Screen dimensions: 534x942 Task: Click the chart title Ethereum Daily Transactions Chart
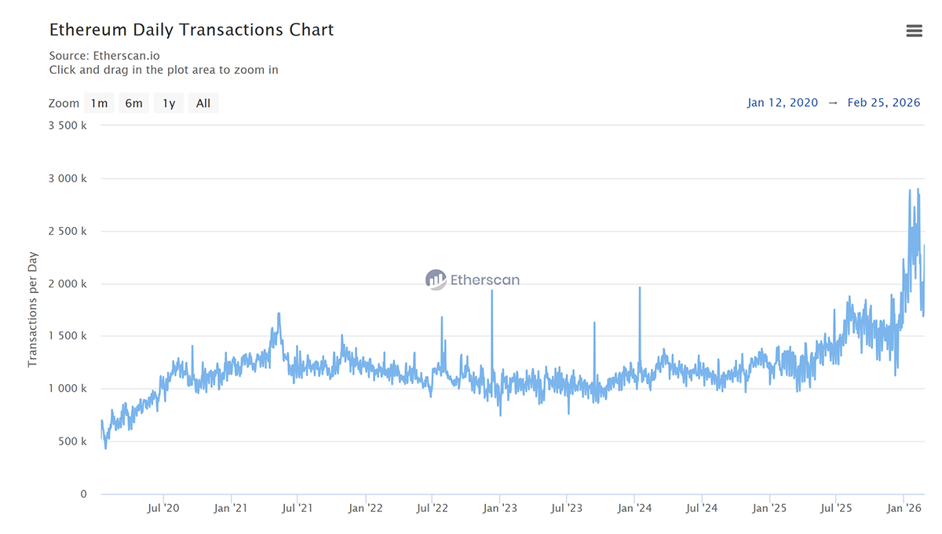(x=192, y=30)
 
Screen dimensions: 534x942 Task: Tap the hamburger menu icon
(x=914, y=31)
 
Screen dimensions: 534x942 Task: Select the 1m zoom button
(x=99, y=103)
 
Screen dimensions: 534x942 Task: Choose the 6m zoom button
(x=133, y=103)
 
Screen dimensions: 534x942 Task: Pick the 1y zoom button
(x=169, y=103)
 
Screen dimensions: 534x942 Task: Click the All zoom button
(x=203, y=103)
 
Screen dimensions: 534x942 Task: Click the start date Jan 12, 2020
(x=783, y=103)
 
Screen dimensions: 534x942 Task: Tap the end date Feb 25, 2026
(x=884, y=103)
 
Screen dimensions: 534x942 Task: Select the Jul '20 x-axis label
(x=162, y=508)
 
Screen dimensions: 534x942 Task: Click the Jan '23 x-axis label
(x=500, y=508)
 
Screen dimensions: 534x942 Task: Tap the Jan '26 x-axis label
(x=904, y=508)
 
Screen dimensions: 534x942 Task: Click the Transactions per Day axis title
(x=33, y=309)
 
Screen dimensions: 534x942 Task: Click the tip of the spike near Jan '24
(x=640, y=287)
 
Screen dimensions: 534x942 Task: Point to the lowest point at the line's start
(x=106, y=448)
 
